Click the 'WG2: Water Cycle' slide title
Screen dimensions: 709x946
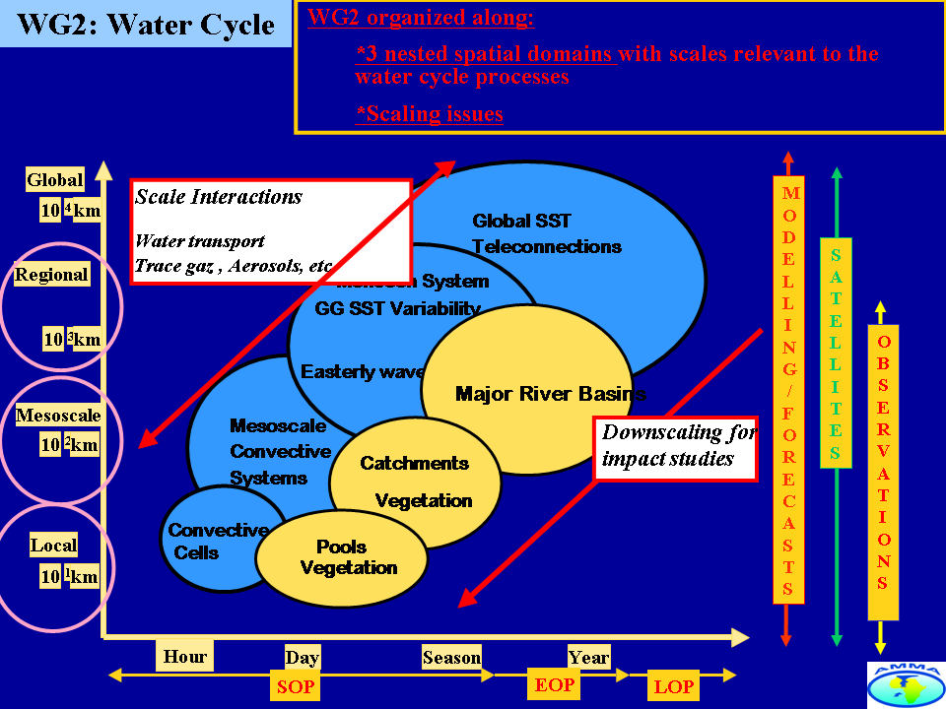click(x=146, y=24)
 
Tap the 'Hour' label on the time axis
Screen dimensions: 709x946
click(x=184, y=656)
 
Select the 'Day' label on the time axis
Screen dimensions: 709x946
click(x=302, y=658)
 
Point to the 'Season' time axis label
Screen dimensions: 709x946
click(x=451, y=657)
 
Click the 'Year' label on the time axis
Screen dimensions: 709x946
click(x=588, y=657)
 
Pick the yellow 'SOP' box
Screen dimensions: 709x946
click(x=295, y=685)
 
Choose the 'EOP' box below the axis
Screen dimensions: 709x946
click(x=555, y=684)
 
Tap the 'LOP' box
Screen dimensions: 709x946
click(x=674, y=686)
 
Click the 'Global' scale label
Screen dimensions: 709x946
click(x=55, y=179)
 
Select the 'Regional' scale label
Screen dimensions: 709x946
click(x=51, y=275)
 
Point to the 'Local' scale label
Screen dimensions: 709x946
click(x=53, y=545)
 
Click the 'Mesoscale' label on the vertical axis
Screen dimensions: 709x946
click(x=58, y=416)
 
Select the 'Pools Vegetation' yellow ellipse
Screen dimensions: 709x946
click(x=342, y=558)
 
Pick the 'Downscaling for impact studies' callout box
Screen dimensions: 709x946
click(x=675, y=446)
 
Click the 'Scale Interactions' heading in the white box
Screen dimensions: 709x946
click(x=219, y=196)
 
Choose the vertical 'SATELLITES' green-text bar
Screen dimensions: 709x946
click(x=836, y=353)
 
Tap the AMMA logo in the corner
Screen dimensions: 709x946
click(x=906, y=684)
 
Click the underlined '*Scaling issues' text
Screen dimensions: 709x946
click(x=430, y=113)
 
